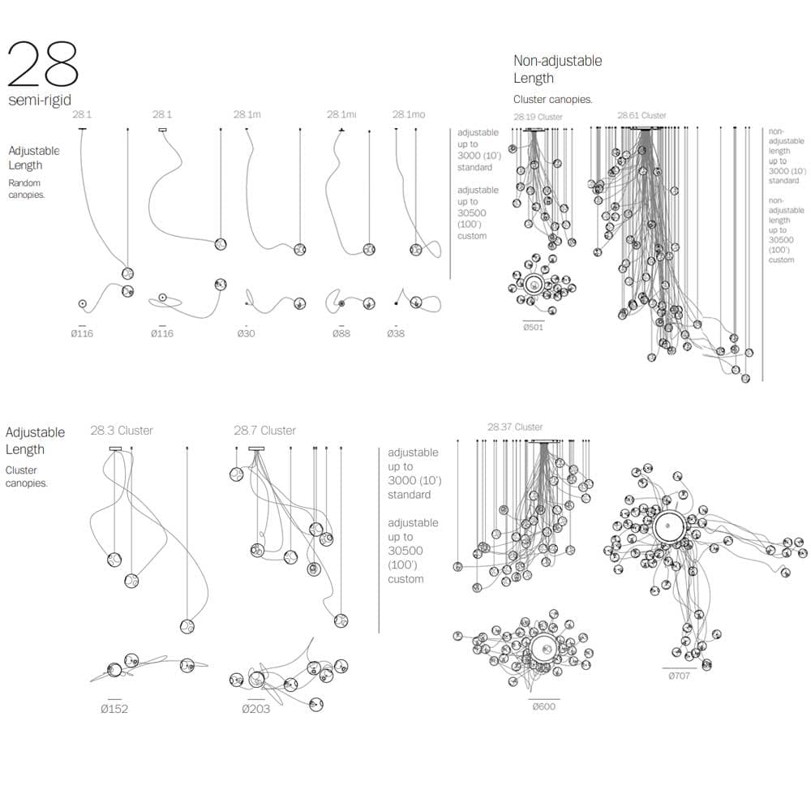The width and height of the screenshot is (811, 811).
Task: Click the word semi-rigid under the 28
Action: [40, 101]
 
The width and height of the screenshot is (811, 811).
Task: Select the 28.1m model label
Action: [247, 114]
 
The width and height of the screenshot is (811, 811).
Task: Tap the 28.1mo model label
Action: [408, 114]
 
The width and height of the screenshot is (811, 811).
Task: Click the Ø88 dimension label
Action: [341, 333]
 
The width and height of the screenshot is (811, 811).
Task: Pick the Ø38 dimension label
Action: [396, 333]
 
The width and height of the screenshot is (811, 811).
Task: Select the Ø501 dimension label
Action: [533, 327]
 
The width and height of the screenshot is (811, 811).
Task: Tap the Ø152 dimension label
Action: [114, 708]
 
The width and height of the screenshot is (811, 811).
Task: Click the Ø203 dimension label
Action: [256, 708]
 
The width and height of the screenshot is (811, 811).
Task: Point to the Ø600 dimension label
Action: [544, 706]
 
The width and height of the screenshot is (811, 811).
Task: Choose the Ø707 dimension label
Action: [679, 676]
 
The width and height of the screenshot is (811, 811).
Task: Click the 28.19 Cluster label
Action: [538, 117]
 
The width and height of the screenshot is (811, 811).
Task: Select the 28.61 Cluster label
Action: [642, 116]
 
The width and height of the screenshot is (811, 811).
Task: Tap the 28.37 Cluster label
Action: [515, 427]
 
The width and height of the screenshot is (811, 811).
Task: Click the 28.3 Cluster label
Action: [122, 431]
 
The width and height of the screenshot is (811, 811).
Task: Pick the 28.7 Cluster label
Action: [264, 431]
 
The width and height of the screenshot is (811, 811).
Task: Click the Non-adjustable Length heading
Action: [557, 70]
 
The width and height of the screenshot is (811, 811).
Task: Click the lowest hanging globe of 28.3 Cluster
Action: [187, 626]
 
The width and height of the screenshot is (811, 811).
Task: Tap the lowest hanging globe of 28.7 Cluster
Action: [341, 620]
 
